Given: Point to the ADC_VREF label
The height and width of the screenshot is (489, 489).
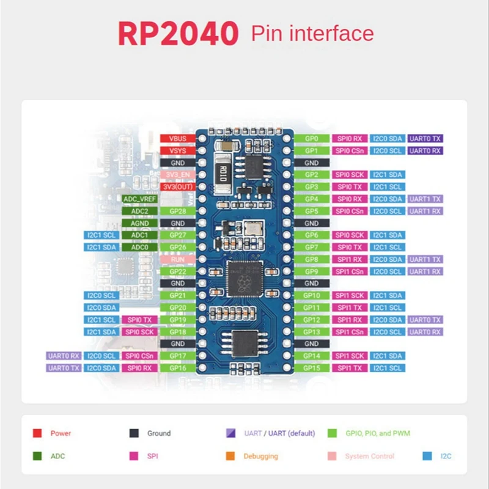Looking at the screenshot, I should (139, 199).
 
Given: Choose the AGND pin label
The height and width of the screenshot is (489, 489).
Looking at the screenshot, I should (139, 223).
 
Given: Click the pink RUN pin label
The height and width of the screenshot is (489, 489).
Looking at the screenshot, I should (178, 259).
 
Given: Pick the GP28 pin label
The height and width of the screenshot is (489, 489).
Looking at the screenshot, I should (178, 211).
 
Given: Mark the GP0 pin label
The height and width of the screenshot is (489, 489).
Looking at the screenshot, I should (311, 139).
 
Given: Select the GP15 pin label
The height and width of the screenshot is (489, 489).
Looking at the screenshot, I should (311, 368).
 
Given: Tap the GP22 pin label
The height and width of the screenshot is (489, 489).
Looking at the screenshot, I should (178, 271).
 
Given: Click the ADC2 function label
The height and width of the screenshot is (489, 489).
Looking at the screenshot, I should (139, 211).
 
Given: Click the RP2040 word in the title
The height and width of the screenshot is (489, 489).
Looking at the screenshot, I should (178, 34).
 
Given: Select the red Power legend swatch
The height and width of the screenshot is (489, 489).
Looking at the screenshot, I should (37, 433).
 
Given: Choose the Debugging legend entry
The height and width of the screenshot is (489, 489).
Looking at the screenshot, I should (260, 456).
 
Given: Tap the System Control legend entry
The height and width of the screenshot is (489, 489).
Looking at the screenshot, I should (369, 456).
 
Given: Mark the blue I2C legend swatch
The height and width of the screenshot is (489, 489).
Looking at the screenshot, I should (427, 456).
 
